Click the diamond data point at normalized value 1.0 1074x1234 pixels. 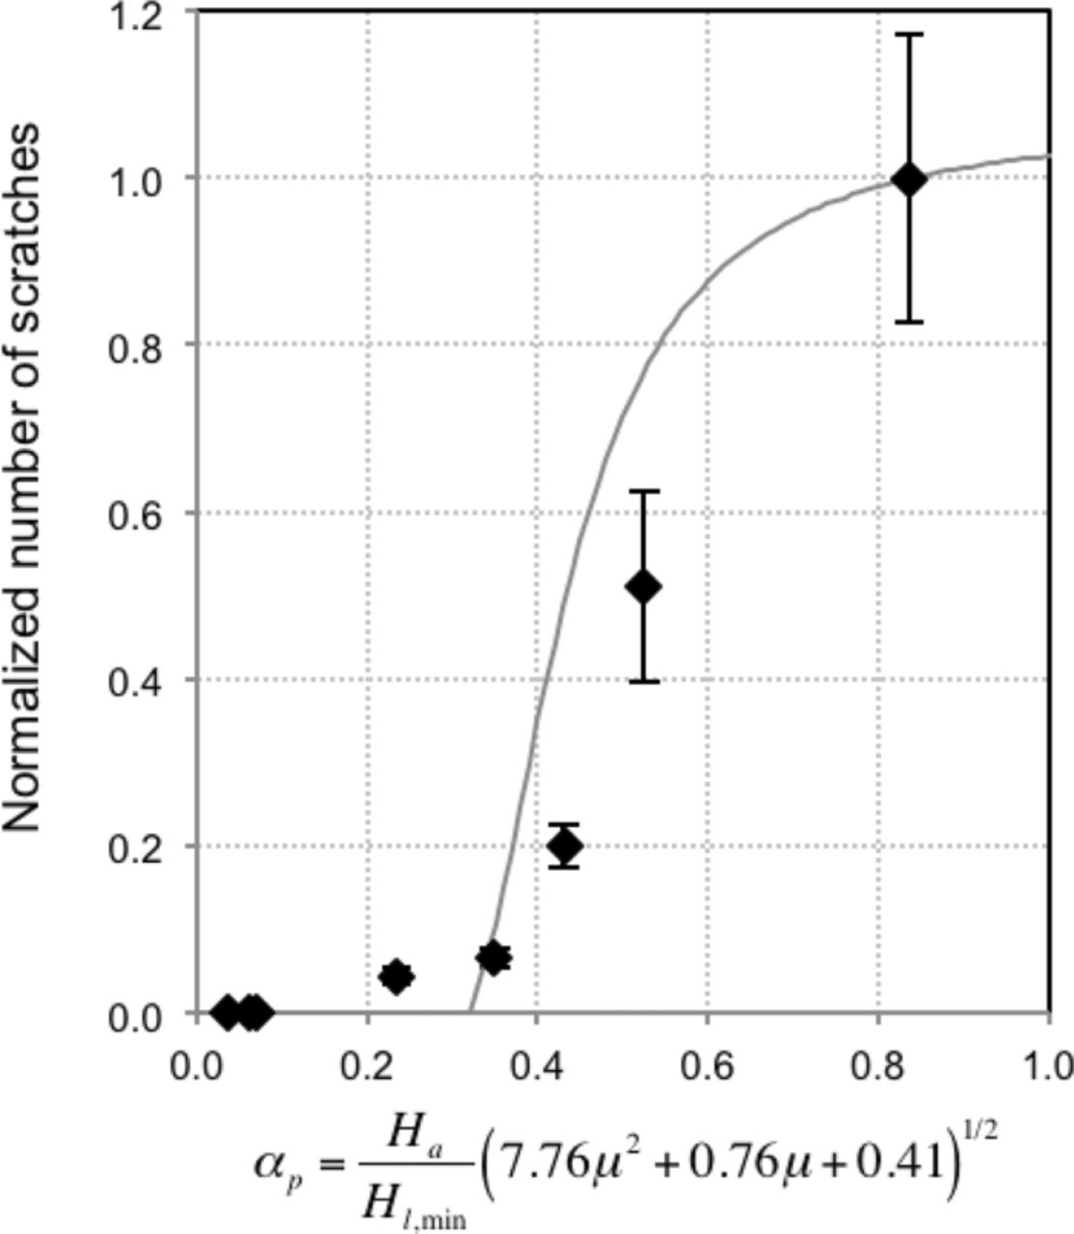(908, 179)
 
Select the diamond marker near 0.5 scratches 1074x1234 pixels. (643, 586)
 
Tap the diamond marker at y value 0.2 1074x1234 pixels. (565, 846)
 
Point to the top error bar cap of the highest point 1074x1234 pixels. (908, 34)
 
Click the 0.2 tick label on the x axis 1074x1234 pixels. (367, 1066)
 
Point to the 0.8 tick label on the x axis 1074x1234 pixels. (877, 1066)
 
